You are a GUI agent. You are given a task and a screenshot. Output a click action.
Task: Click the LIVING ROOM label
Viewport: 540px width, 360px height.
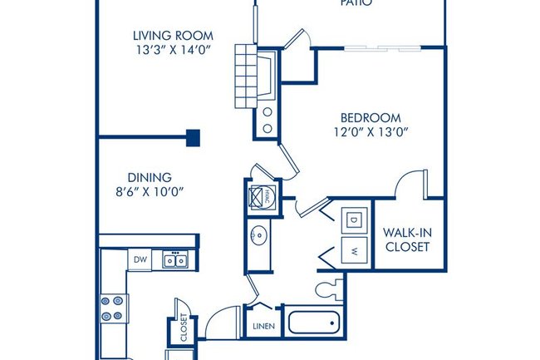pos(173,36)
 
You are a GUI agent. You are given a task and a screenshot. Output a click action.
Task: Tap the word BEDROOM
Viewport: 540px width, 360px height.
pos(371,117)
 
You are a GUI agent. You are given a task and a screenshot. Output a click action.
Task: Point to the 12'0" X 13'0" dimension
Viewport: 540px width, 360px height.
pos(371,132)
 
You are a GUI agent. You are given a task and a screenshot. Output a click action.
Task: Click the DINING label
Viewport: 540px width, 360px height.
pos(150,177)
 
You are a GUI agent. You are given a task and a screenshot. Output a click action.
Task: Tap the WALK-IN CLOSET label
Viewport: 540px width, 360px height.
pos(406,239)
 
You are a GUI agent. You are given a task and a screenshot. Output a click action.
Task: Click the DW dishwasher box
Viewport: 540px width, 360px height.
pos(140,260)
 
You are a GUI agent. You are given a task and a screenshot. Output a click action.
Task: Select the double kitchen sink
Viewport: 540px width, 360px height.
pos(175,260)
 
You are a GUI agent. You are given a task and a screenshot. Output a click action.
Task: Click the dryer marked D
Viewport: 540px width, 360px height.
pos(352,219)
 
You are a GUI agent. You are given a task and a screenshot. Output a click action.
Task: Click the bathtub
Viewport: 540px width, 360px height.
pos(311,321)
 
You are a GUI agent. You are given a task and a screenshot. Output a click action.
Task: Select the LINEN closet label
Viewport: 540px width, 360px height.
pos(264,326)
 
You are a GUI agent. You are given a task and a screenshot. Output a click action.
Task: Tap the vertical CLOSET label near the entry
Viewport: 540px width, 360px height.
pos(184,327)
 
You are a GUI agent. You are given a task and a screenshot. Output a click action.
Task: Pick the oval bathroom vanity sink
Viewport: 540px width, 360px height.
pos(258,235)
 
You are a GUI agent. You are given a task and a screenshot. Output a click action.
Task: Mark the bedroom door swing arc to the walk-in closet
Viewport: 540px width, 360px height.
pos(411,183)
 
